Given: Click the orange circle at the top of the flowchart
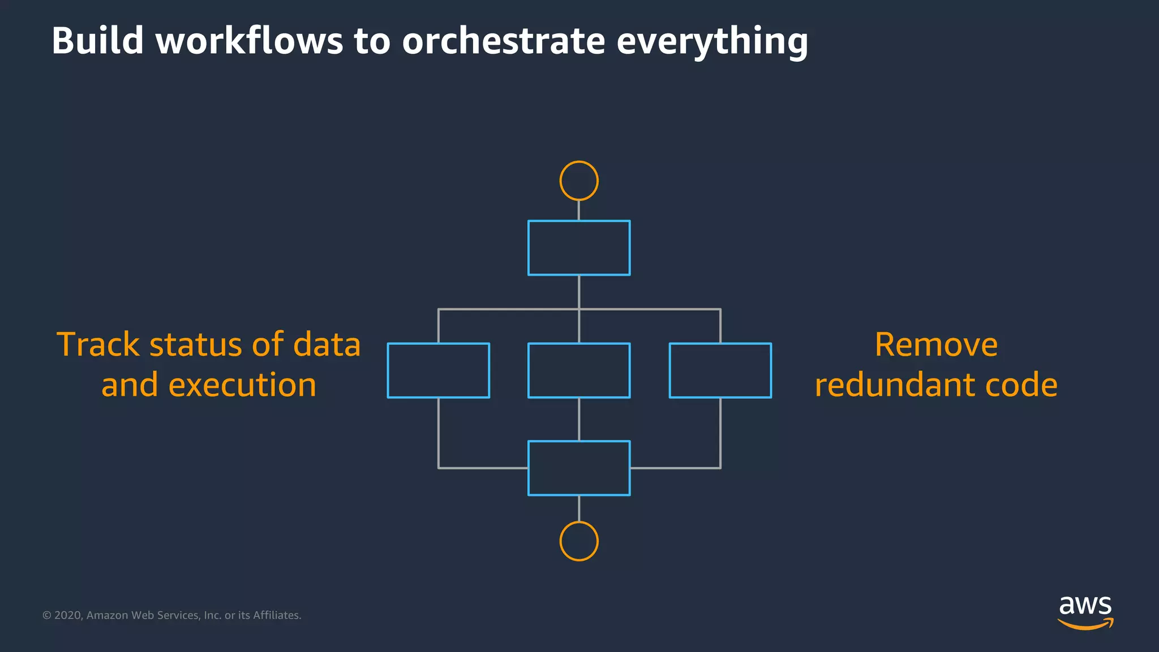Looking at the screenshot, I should (x=578, y=181).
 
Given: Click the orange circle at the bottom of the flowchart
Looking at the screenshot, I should (x=578, y=541).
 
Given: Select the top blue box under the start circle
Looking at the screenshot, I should (x=578, y=248).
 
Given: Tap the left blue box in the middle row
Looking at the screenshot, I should (x=438, y=371).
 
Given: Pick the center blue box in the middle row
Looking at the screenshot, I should (x=578, y=371).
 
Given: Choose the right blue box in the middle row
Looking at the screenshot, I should (x=720, y=371).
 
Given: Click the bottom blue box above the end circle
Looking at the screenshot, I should (x=578, y=468).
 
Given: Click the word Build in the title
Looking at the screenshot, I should (x=97, y=41).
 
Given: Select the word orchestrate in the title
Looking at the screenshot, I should (x=503, y=41).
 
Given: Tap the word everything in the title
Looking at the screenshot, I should (x=712, y=41).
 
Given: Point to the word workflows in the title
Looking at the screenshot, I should (x=249, y=41).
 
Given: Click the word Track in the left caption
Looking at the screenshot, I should (x=98, y=345).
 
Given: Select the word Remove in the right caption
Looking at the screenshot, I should (x=936, y=345).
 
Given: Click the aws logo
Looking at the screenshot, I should (x=1085, y=612).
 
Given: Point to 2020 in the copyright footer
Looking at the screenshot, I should (x=68, y=615).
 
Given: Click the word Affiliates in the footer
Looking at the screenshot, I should (x=277, y=615).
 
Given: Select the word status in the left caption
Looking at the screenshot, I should (x=196, y=345).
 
